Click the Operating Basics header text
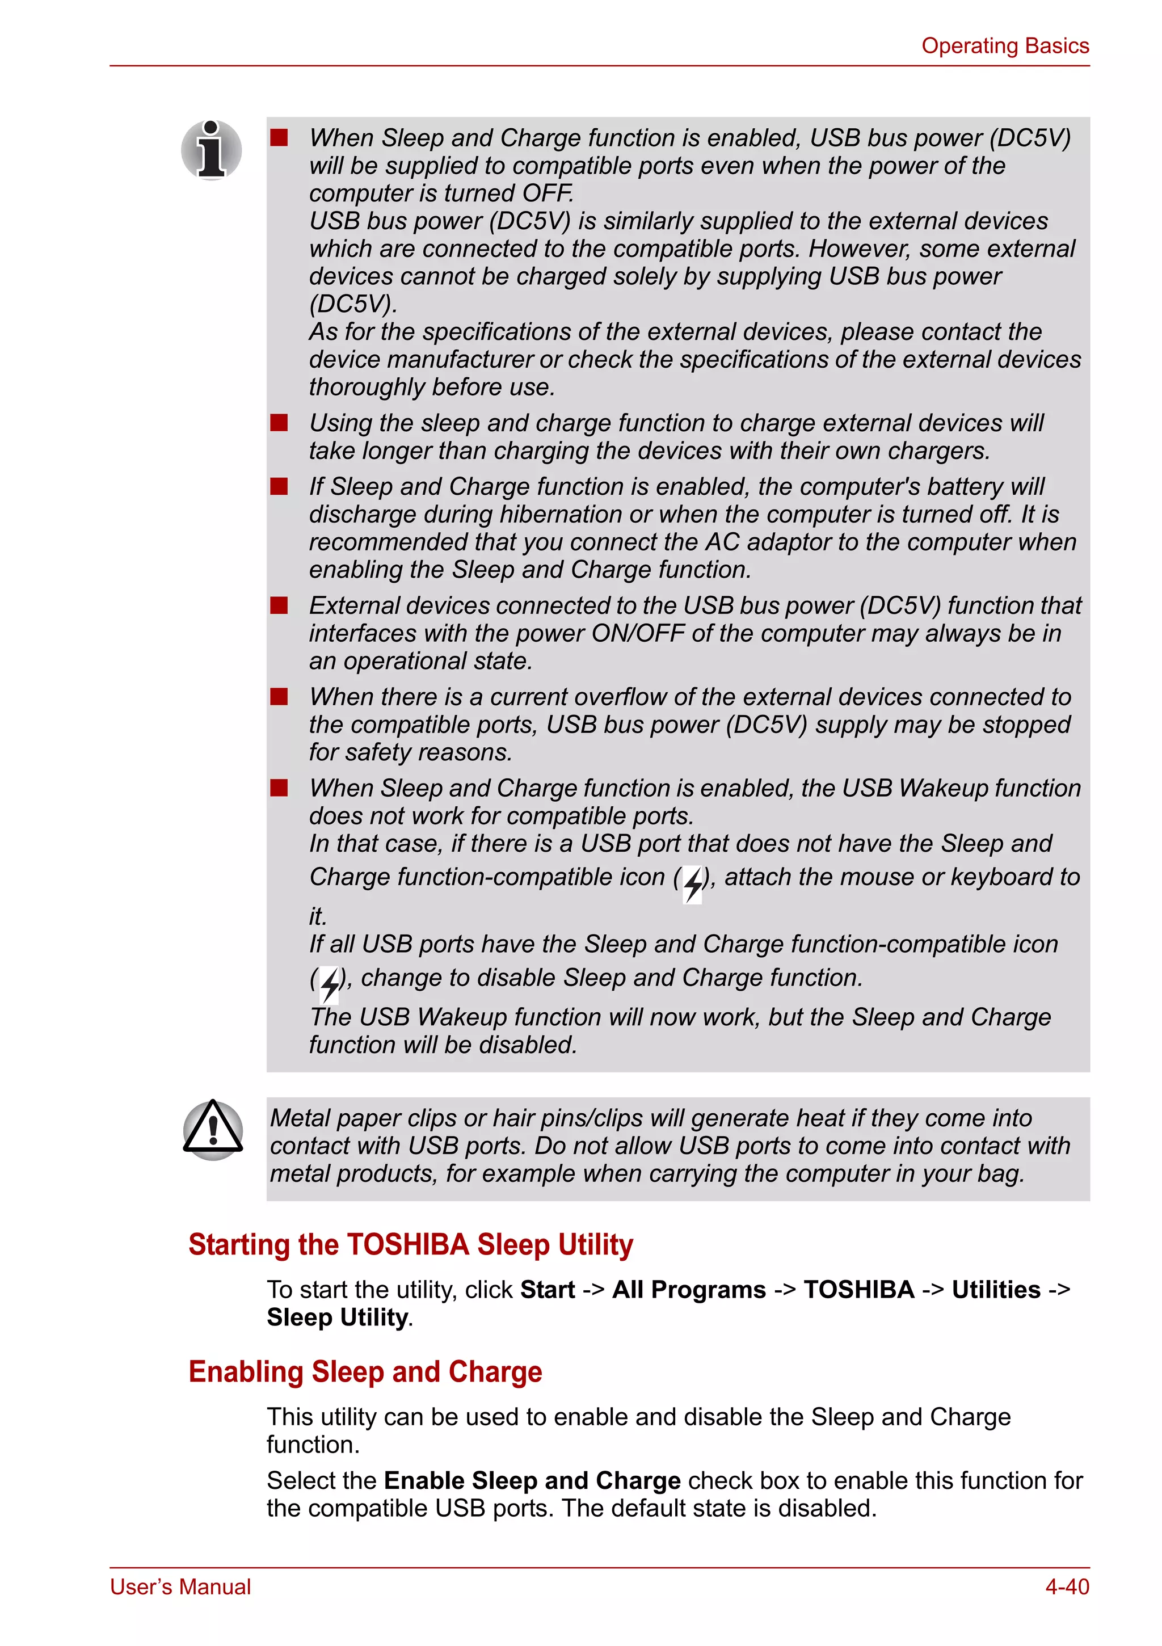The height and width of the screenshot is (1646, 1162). click(1004, 46)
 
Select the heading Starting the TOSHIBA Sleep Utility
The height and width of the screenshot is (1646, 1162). click(410, 1244)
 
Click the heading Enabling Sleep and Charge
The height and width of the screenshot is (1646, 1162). click(365, 1371)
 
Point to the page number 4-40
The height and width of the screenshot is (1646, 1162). click(1067, 1586)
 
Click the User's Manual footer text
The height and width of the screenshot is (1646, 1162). click(180, 1586)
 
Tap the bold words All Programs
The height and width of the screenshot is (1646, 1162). click(688, 1290)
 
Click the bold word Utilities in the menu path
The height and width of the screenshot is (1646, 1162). click(996, 1290)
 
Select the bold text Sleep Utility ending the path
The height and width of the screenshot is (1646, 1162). click(337, 1317)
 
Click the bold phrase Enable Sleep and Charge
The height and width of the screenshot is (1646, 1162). click(532, 1480)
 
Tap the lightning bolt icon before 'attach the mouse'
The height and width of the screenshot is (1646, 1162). click(692, 884)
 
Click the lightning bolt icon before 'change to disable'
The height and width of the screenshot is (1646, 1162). click(329, 984)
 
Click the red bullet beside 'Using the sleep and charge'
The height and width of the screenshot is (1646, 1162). click(279, 423)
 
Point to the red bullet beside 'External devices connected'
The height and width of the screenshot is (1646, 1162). click(279, 606)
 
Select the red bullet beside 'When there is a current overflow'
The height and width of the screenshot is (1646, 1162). click(279, 697)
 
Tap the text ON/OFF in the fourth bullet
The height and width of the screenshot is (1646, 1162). click(642, 634)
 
